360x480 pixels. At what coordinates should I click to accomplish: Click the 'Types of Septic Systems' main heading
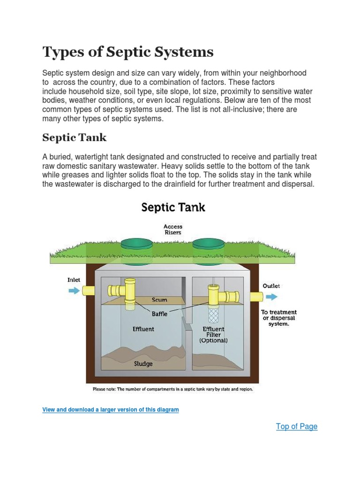point(128,52)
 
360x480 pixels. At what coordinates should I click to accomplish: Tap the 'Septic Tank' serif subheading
point(75,138)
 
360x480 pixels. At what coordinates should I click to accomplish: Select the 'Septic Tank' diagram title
point(173,207)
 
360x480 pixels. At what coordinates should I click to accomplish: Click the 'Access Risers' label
point(173,229)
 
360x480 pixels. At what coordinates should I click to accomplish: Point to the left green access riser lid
point(136,244)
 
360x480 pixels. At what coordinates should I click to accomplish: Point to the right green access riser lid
point(209,244)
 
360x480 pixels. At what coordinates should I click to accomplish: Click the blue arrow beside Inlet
point(74,291)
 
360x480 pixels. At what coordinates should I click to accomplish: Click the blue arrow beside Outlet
point(271,297)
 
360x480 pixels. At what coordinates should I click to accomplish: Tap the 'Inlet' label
point(74,280)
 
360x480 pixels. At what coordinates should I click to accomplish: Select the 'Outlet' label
point(271,286)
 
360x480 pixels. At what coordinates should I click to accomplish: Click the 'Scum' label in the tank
point(159,300)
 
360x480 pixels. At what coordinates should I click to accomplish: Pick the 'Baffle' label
point(159,314)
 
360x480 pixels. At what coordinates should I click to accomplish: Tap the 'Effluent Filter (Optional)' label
point(213,335)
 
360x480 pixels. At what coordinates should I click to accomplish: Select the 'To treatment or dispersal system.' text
point(278,318)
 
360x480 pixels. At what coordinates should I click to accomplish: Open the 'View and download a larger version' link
point(111,410)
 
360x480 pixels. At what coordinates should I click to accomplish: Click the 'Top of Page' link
point(296,427)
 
